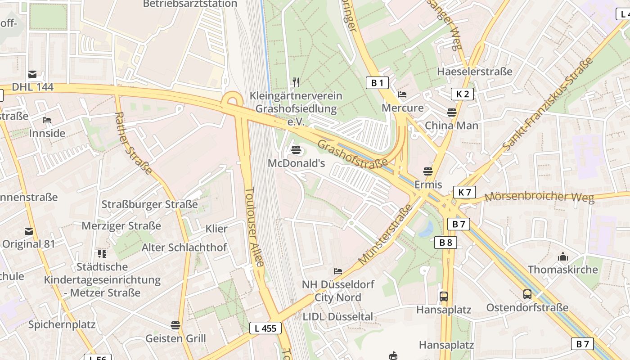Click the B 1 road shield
pyautogui.click(x=377, y=83)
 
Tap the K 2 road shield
pyautogui.click(x=463, y=94)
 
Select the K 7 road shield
pyautogui.click(x=464, y=193)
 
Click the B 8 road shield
pyautogui.click(x=445, y=243)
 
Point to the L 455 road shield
pyautogui.click(x=265, y=328)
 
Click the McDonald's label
pyautogui.click(x=296, y=163)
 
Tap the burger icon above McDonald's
pyautogui.click(x=296, y=149)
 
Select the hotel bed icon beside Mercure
pyautogui.click(x=402, y=94)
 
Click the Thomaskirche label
pyautogui.click(x=563, y=270)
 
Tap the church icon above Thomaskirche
pyautogui.click(x=563, y=257)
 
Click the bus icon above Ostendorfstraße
pyautogui.click(x=527, y=295)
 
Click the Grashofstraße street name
pyautogui.click(x=353, y=153)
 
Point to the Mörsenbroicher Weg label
pyautogui.click(x=539, y=197)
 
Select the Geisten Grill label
pyautogui.click(x=175, y=338)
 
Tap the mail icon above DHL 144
pyautogui.click(x=32, y=74)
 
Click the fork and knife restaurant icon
pyautogui.click(x=296, y=82)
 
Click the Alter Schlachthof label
pyautogui.click(x=184, y=247)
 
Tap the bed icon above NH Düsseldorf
pyautogui.click(x=338, y=271)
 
